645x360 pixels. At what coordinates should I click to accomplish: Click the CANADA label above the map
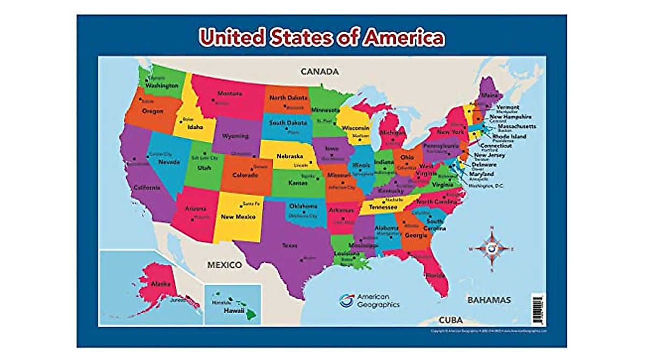coord(319,71)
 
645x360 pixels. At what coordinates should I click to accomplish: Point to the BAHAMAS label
coord(489,300)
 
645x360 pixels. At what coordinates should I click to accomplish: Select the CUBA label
coord(450,320)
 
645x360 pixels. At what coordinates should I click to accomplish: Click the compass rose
coord(491,249)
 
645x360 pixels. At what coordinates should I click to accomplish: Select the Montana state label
coord(229,93)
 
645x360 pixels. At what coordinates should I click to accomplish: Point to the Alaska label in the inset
coord(160,284)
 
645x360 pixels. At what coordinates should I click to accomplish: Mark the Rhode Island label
coord(511,136)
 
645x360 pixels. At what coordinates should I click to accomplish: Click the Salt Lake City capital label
coord(205,159)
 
